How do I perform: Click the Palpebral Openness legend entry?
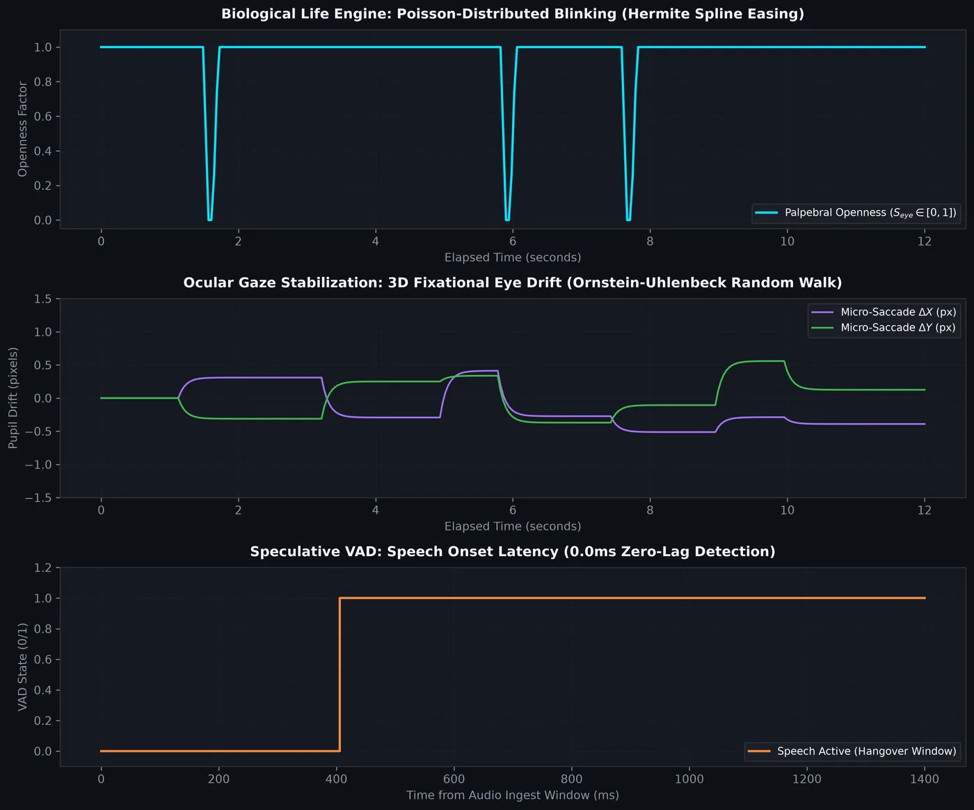click(x=856, y=213)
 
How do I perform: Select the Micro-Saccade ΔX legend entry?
click(x=884, y=312)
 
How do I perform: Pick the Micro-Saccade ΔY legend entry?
click(x=884, y=328)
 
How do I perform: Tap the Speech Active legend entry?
click(x=852, y=752)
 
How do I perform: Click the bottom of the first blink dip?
click(x=210, y=220)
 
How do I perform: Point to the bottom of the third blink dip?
click(x=628, y=220)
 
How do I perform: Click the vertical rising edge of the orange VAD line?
click(x=340, y=675)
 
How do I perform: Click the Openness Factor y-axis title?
click(x=22, y=129)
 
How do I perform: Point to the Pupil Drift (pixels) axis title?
click(x=13, y=398)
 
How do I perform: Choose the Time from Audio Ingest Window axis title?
click(x=512, y=795)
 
